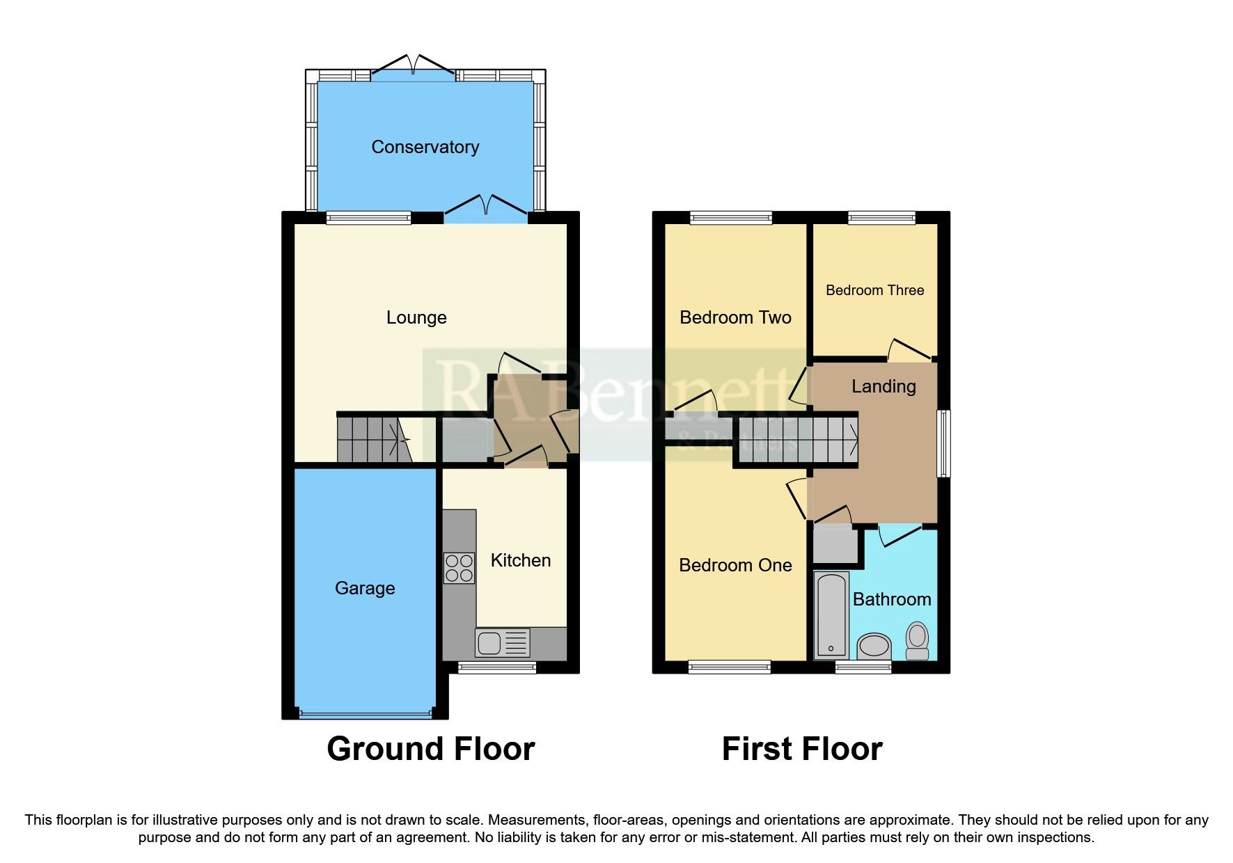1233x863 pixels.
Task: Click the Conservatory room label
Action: coord(425,147)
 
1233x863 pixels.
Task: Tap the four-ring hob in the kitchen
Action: coord(459,567)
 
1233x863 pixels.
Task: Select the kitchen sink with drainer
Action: coord(502,643)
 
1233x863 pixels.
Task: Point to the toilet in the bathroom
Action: coord(918,640)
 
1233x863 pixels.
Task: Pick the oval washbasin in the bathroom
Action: coord(874,647)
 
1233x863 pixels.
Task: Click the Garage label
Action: coord(365,588)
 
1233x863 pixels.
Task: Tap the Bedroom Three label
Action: coord(874,290)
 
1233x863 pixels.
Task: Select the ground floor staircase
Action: coord(372,439)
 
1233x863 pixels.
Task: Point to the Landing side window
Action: coord(943,443)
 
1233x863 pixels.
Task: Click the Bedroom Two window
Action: coord(730,218)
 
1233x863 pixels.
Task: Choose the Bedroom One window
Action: coord(729,667)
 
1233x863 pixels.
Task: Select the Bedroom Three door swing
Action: coord(911,349)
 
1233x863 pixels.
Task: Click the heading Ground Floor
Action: coord(430,750)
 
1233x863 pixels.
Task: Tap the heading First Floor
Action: coord(801,750)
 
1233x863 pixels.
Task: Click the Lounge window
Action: coord(368,218)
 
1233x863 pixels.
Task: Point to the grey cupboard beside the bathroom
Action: coord(835,546)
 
